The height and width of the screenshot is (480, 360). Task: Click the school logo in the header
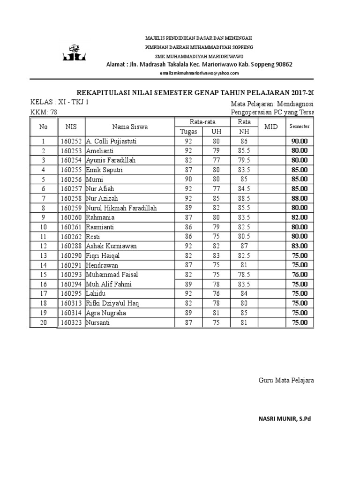click(74, 53)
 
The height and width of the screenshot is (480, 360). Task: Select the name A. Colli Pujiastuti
click(112, 141)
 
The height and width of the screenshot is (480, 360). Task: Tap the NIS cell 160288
click(71, 246)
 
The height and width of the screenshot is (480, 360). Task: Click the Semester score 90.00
click(299, 141)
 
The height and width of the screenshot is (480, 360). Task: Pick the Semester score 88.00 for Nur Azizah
click(299, 198)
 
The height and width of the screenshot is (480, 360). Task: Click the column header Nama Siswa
click(130, 127)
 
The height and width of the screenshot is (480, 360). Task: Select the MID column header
click(271, 127)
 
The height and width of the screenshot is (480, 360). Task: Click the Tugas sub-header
click(189, 132)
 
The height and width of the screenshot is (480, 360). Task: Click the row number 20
click(44, 322)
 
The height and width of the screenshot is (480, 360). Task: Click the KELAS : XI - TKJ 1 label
click(59, 102)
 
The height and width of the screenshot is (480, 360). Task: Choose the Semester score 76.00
click(299, 275)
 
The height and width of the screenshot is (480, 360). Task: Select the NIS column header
click(71, 127)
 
